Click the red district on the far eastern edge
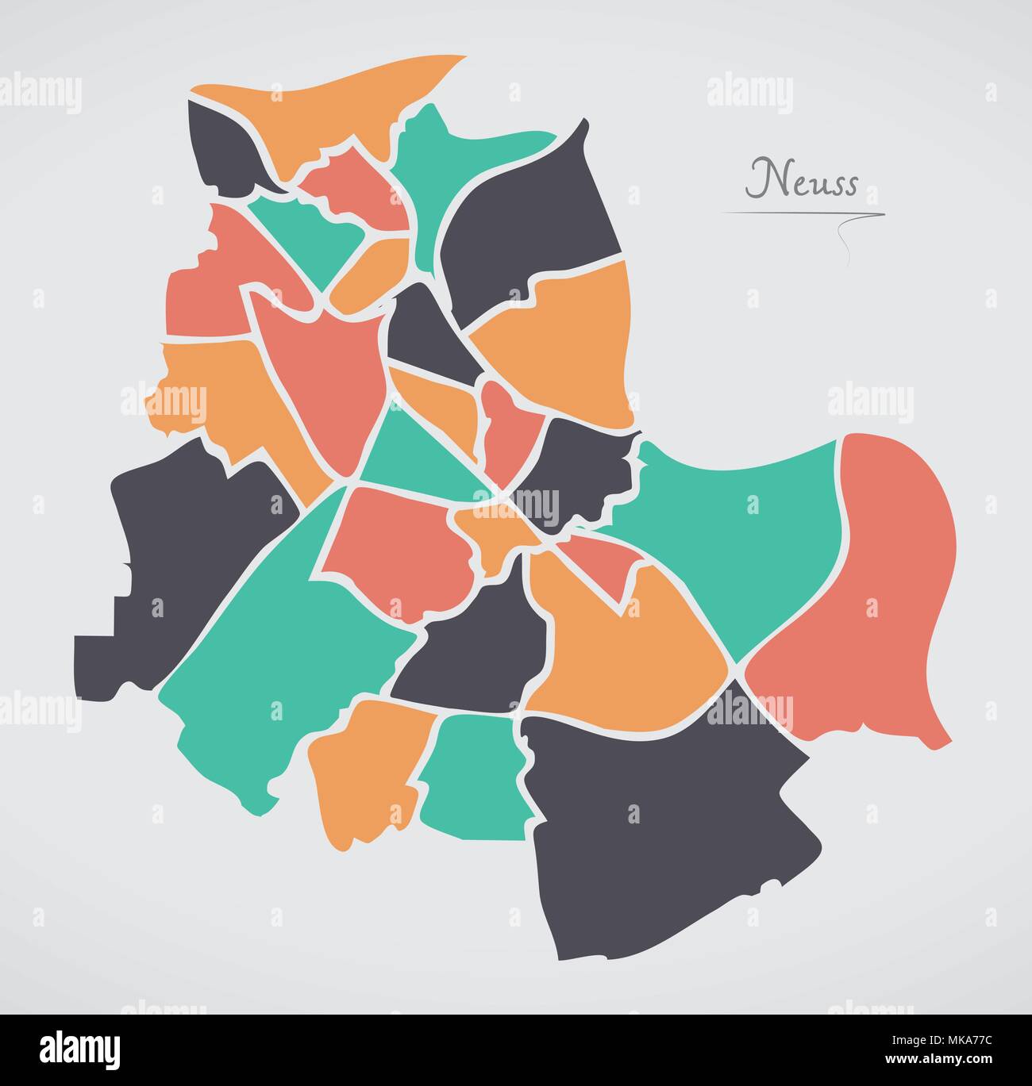865,603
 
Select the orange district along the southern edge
365,769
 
